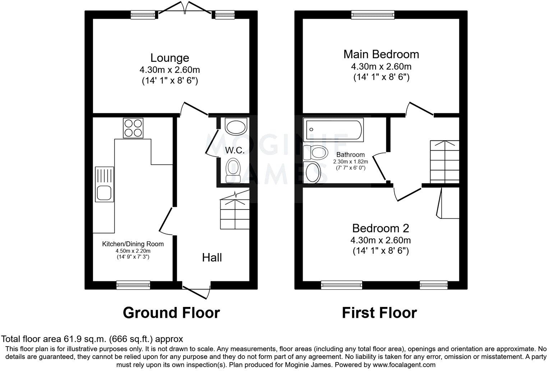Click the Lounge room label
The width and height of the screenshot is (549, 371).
(x=170, y=58)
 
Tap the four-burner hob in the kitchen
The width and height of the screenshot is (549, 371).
(x=133, y=128)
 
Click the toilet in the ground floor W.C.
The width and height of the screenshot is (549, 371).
(x=233, y=170)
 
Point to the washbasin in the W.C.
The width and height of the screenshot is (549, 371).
(x=235, y=127)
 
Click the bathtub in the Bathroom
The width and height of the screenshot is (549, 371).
(x=333, y=130)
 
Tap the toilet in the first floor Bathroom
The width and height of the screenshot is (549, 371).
(x=315, y=153)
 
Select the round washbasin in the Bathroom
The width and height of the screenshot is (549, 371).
(x=312, y=173)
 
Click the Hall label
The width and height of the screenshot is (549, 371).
(x=212, y=257)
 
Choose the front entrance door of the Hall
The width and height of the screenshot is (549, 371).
(x=197, y=290)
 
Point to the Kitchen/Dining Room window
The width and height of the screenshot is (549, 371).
(x=133, y=285)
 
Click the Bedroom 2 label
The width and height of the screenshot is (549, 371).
(x=380, y=228)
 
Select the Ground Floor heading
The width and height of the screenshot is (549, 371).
(x=171, y=313)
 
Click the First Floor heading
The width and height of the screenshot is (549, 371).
(x=379, y=313)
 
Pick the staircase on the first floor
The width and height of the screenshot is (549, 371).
(x=444, y=161)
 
